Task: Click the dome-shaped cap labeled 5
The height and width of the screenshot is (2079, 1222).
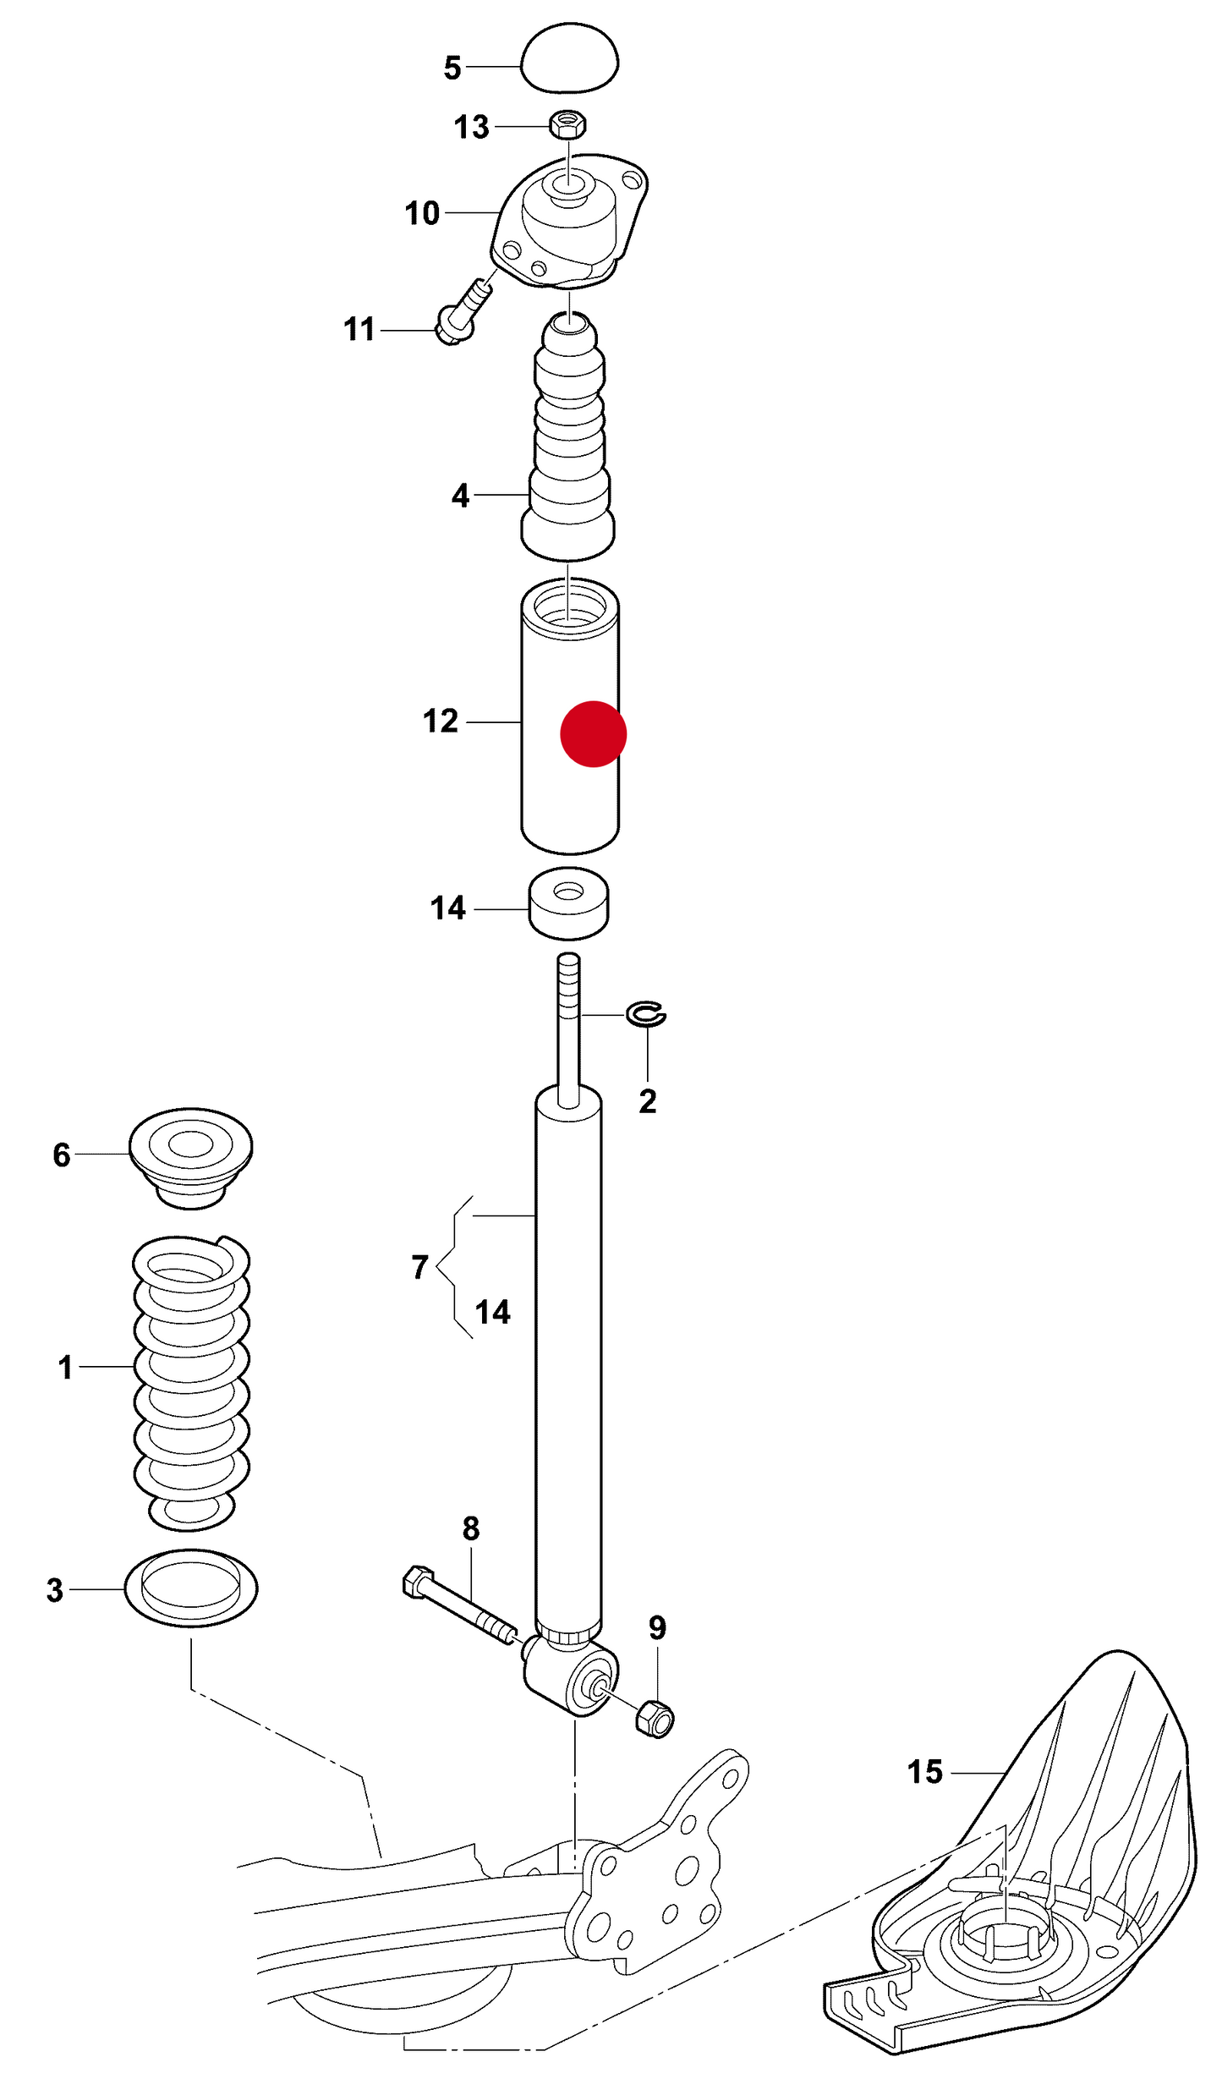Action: (x=569, y=58)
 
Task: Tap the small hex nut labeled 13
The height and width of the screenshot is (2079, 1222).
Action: (x=568, y=124)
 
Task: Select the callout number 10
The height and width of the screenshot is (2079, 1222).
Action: (x=422, y=213)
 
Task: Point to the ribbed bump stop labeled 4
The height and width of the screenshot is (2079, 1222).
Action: (x=567, y=436)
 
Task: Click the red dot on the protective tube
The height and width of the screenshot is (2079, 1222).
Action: (x=594, y=734)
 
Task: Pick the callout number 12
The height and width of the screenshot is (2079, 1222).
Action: (x=441, y=721)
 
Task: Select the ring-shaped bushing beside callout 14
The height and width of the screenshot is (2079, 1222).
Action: (x=568, y=903)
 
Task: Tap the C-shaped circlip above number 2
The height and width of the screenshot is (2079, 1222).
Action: (x=646, y=1013)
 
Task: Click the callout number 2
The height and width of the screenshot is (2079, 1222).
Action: (x=648, y=1101)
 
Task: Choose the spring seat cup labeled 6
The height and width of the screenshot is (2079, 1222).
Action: (x=191, y=1158)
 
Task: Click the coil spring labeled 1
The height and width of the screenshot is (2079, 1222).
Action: (x=191, y=1382)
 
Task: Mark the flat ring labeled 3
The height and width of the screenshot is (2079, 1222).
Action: (x=191, y=1588)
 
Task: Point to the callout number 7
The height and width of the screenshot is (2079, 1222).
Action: (x=420, y=1267)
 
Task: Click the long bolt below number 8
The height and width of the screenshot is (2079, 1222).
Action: (x=460, y=1605)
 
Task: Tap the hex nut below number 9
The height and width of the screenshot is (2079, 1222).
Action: (x=655, y=1718)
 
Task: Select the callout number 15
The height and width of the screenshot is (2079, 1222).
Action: (x=925, y=1771)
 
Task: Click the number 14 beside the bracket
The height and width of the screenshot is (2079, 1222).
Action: (x=493, y=1312)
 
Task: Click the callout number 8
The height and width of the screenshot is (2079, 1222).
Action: (x=471, y=1528)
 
